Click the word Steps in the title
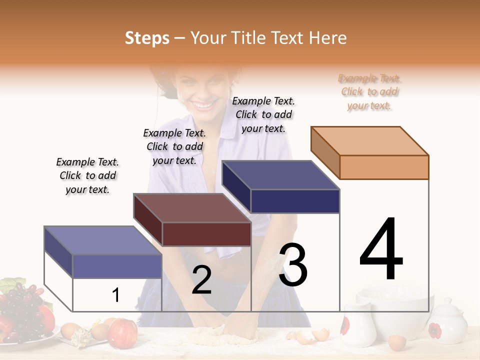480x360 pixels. point(147,38)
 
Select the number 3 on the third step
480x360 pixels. point(293,265)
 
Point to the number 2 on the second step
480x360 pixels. point(201,280)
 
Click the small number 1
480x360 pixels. point(116,295)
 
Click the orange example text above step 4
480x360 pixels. point(370,92)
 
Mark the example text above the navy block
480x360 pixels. point(263,114)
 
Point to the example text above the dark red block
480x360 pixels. point(174,146)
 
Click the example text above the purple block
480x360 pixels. point(87,175)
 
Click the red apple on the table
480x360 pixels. point(122,333)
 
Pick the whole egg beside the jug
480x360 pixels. point(397,342)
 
